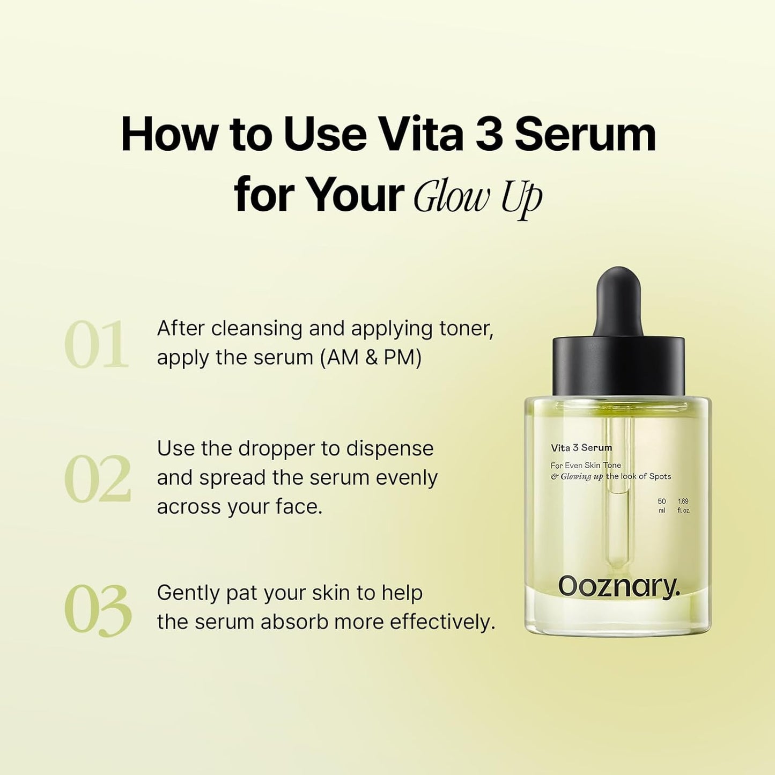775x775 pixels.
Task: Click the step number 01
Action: (97, 345)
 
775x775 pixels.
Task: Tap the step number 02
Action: (98, 479)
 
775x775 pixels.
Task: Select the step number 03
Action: (98, 610)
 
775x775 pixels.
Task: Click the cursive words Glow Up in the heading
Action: (477, 197)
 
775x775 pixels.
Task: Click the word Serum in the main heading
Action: (585, 135)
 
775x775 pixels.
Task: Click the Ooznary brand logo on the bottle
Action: (618, 587)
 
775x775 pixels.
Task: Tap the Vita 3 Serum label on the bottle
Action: (581, 447)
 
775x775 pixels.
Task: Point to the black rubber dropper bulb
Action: (618, 300)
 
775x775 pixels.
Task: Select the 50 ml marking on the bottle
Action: (661, 506)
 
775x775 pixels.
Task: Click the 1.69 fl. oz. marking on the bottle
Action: (683, 506)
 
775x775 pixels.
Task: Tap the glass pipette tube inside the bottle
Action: (618, 531)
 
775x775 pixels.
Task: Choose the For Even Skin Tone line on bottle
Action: (585, 465)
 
